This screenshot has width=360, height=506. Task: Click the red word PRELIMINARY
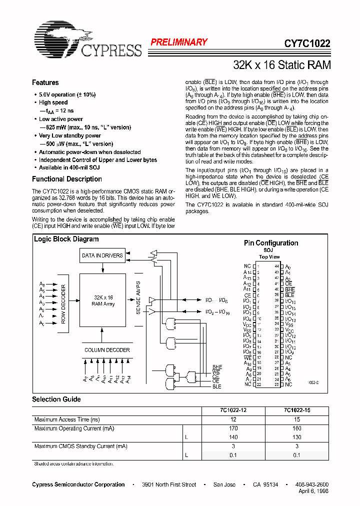click(x=179, y=42)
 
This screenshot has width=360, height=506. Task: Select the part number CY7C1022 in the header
click(x=307, y=43)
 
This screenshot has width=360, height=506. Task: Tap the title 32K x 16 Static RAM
click(x=282, y=65)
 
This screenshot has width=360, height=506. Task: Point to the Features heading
click(x=45, y=82)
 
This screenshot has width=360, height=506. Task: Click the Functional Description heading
click(x=67, y=179)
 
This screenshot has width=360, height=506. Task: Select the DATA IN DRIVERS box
click(x=102, y=255)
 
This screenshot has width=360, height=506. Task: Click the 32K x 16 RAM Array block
click(x=102, y=300)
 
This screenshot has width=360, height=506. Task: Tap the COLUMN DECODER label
click(x=107, y=350)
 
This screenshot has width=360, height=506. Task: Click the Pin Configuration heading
click(x=270, y=243)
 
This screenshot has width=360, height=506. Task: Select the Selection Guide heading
click(x=56, y=399)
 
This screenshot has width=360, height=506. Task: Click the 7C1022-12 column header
click(x=233, y=410)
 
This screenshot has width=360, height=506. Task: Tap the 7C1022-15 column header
click(x=296, y=410)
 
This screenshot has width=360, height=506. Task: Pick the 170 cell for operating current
click(x=233, y=428)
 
